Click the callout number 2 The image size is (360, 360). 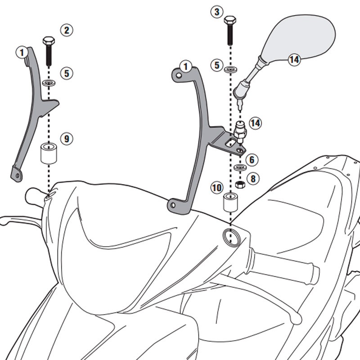click(67, 31)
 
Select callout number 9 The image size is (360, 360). click(67, 139)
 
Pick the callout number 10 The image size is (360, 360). click(216, 187)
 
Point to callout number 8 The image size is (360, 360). click(253, 179)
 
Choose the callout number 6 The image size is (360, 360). click(252, 160)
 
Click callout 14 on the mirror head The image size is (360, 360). click(294, 59)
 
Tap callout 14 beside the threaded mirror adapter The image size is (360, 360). click(256, 123)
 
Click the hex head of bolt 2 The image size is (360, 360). click(48, 41)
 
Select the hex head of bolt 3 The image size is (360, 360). click(230, 20)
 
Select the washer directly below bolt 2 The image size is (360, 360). click(49, 84)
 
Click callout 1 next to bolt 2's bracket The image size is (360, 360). click(21, 53)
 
